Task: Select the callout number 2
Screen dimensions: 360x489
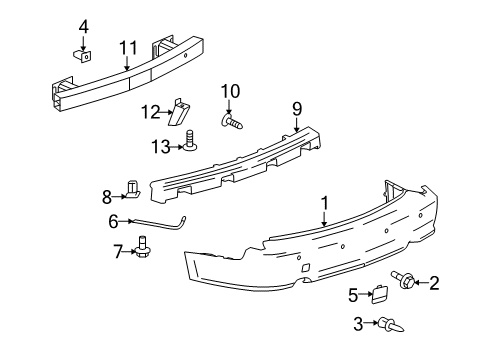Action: pyautogui.click(x=434, y=283)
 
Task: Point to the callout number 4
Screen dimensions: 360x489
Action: pyautogui.click(x=84, y=27)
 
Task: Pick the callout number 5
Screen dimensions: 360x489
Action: pyautogui.click(x=353, y=294)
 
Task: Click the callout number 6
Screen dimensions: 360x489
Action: pyautogui.click(x=113, y=221)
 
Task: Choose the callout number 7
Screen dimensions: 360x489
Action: pyautogui.click(x=118, y=251)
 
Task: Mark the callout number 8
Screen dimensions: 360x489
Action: pyautogui.click(x=107, y=196)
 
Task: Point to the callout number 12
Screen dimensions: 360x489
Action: pyautogui.click(x=150, y=110)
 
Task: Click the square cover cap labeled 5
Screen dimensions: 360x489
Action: pyautogui.click(x=379, y=294)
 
